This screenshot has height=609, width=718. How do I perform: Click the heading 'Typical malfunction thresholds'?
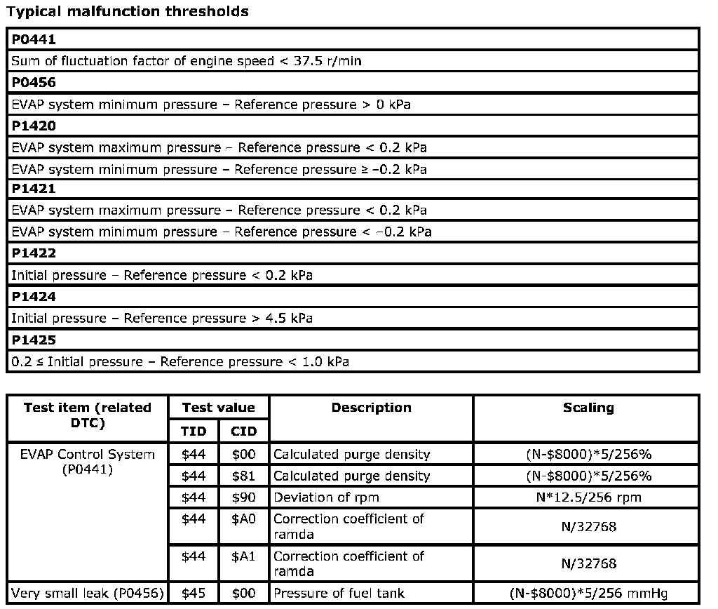(x=127, y=11)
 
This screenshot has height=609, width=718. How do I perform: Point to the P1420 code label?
(x=34, y=126)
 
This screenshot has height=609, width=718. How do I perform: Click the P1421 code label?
(x=34, y=189)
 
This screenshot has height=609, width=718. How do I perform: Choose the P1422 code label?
(x=34, y=253)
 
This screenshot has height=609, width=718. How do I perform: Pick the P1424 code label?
(x=34, y=297)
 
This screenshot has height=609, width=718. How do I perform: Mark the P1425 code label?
(x=34, y=340)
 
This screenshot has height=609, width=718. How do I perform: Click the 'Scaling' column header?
(x=588, y=408)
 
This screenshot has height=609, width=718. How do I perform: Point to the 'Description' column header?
(x=371, y=408)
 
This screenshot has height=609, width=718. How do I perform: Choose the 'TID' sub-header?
(x=194, y=431)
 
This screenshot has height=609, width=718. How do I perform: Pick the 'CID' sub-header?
(x=243, y=431)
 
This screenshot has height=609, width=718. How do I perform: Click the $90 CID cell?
(x=243, y=497)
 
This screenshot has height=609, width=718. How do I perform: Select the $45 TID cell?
(x=194, y=594)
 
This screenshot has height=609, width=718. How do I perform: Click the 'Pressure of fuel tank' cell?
(x=339, y=594)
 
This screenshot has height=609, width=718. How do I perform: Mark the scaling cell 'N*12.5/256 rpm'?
(x=588, y=497)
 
